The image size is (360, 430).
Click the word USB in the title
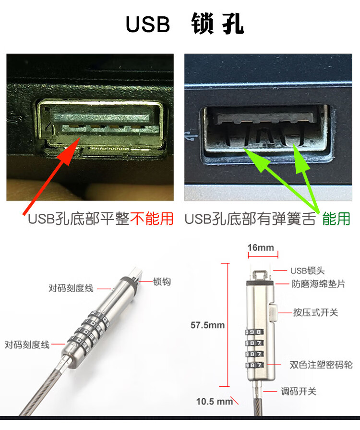coord(148,24)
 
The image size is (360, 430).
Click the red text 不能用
coord(152,219)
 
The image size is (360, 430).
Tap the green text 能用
coord(336,219)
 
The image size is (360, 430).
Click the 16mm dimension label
coord(261,247)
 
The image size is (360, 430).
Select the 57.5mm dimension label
coord(207,325)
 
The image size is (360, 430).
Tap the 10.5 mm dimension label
coord(214,402)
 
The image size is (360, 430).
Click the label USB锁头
coord(307,270)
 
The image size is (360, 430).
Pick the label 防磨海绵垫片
coord(318,284)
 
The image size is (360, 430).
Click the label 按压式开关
coord(315,312)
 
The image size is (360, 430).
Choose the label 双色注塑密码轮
coord(321,365)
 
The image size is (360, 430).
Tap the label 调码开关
coord(299,392)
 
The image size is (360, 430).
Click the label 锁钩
coord(162,282)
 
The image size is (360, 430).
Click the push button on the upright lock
coord(273,312)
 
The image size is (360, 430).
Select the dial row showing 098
coord(254,332)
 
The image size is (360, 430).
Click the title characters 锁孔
coord(217,24)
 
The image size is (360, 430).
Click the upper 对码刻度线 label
coord(71,288)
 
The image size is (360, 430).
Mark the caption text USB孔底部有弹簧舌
coord(250,219)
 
